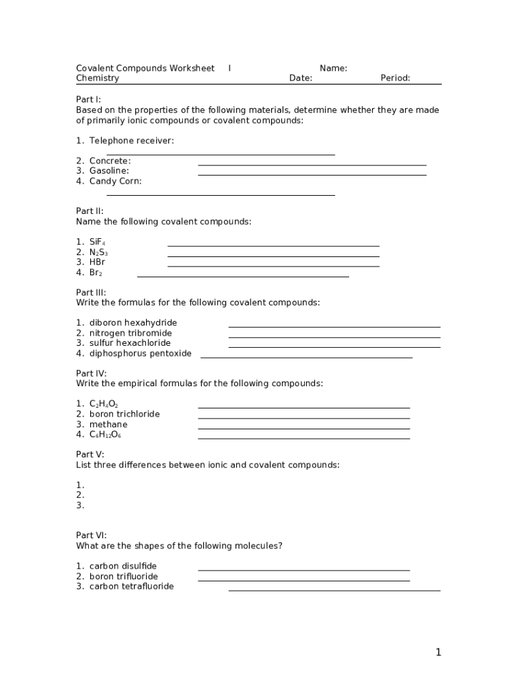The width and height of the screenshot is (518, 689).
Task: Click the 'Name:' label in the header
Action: tap(333, 68)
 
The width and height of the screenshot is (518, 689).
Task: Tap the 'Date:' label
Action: tap(301, 78)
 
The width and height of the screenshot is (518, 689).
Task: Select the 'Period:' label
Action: tap(395, 78)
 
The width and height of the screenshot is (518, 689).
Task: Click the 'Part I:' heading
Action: tap(88, 100)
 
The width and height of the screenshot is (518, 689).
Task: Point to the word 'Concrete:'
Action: tap(110, 161)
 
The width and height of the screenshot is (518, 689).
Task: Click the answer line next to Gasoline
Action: tap(312, 174)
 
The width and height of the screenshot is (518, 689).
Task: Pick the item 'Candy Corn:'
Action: tap(115, 181)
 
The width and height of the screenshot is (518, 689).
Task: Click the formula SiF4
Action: tap(97, 242)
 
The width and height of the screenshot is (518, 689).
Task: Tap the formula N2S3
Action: tap(98, 252)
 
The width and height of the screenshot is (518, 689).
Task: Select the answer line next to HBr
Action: tap(273, 266)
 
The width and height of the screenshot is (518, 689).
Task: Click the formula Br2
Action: tap(96, 273)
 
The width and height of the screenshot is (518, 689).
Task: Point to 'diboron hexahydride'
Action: tap(133, 323)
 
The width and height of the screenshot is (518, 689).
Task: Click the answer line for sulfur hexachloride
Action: tap(334, 347)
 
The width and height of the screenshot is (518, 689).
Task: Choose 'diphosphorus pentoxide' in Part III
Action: tap(140, 353)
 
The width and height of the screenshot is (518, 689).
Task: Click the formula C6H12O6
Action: tap(105, 435)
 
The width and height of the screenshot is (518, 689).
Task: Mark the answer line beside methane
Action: tap(303, 428)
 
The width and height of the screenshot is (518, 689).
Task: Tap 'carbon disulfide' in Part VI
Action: tap(122, 566)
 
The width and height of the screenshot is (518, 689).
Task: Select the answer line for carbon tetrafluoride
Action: tap(334, 590)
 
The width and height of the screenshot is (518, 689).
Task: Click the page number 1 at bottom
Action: tap(438, 652)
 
